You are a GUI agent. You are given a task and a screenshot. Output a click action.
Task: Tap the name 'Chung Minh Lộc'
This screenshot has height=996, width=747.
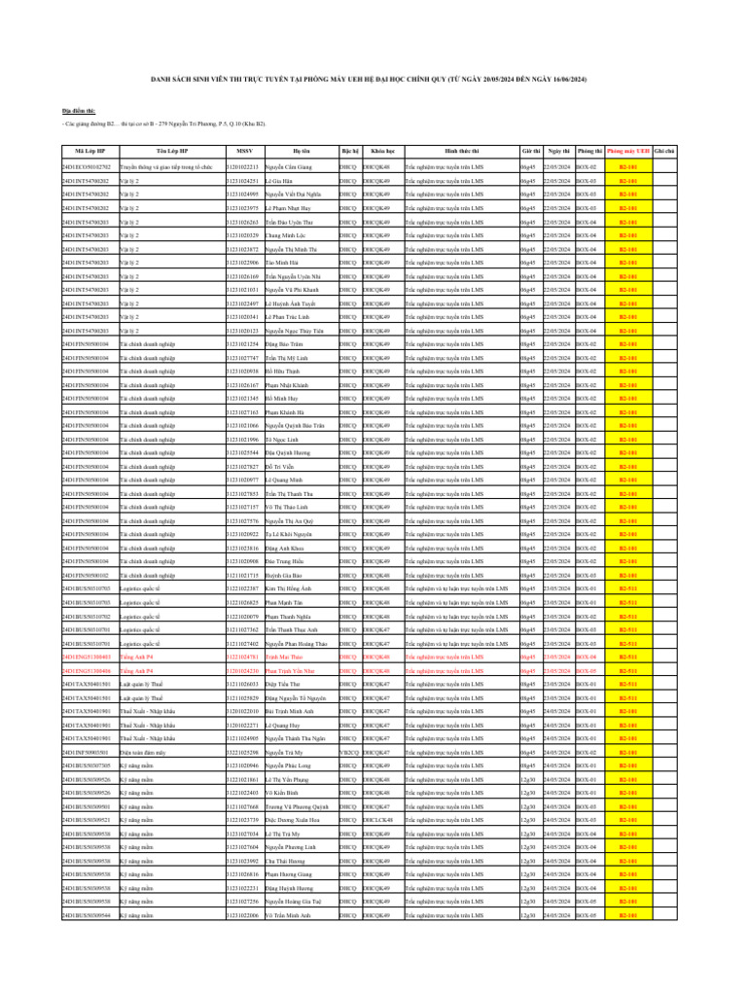point(285,235)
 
